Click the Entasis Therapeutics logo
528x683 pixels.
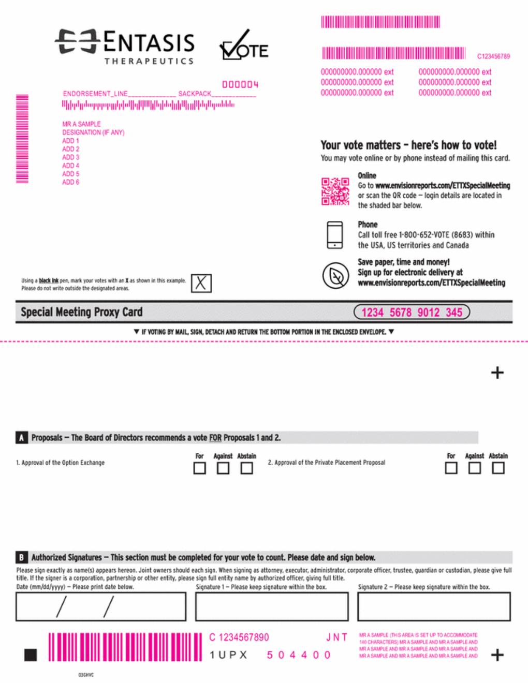click(x=124, y=47)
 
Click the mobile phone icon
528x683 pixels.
click(x=335, y=235)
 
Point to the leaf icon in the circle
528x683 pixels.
click(x=335, y=276)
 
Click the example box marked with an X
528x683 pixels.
click(x=201, y=283)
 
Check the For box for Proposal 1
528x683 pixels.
click(x=199, y=468)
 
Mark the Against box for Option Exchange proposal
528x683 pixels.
click(x=223, y=468)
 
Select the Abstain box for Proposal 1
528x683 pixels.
click(x=247, y=468)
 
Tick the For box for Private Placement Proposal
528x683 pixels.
click(x=451, y=468)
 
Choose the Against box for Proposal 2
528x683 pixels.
click(x=474, y=468)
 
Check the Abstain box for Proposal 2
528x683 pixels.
click(x=498, y=468)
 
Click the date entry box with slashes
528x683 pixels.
click(x=101, y=606)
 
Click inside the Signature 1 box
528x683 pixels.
click(x=272, y=606)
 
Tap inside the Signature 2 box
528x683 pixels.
click(x=434, y=606)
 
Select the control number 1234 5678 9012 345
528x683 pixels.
click(x=412, y=312)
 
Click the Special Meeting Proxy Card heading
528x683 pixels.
click(x=81, y=312)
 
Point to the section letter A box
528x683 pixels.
click(x=21, y=438)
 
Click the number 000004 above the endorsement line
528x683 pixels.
click(x=240, y=84)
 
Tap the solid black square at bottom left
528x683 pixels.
click(x=31, y=655)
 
